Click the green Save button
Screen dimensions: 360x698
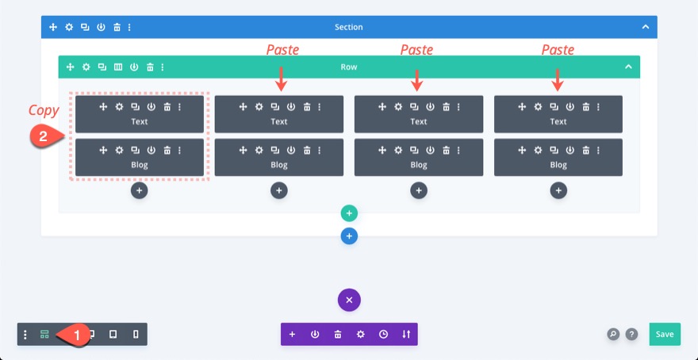665,334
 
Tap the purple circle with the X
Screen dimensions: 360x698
349,300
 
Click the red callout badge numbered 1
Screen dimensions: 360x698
75,335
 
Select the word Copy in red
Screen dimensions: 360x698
44,110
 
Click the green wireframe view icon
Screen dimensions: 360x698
44,335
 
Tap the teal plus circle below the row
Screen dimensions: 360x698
349,213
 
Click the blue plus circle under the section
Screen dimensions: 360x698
349,236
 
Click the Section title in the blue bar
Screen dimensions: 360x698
349,27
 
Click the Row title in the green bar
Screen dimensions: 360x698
349,67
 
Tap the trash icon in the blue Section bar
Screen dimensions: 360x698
117,27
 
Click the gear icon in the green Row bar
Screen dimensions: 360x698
86,67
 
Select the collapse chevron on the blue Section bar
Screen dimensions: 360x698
646,27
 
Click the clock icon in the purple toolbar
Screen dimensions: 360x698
383,334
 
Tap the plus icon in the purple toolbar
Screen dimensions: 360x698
292,334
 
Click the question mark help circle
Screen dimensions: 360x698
631,334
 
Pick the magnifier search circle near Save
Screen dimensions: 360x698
613,334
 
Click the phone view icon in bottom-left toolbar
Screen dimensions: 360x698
136,335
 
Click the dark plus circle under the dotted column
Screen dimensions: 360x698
140,190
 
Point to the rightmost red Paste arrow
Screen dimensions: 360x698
558,79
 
